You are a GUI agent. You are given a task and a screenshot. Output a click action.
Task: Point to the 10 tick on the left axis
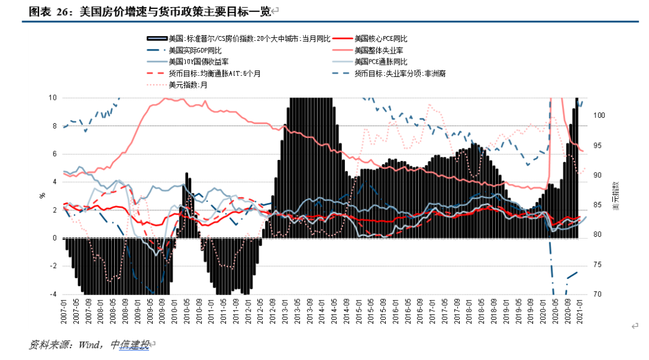coord(52,97)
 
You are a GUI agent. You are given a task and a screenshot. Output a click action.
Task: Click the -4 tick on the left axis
coord(52,294)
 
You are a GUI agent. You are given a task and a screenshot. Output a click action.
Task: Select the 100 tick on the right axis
coord(599,115)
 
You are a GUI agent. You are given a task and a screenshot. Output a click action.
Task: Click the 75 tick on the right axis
coord(597,265)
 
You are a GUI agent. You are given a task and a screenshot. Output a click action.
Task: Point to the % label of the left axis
coord(42,196)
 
